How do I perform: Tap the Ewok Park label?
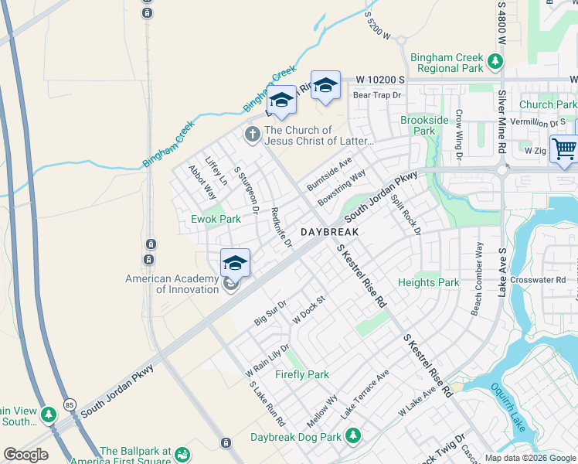click(216, 219)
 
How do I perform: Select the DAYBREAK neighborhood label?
click(331, 232)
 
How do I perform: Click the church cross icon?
click(252, 135)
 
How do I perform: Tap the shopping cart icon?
click(564, 148)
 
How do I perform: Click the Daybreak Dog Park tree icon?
click(353, 437)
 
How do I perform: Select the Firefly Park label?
click(302, 374)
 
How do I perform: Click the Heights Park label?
click(428, 283)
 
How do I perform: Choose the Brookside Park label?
click(424, 125)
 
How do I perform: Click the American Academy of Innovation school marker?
click(235, 264)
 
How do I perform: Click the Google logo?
click(25, 455)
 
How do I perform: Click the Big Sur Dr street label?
click(270, 312)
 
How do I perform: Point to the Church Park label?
click(547, 104)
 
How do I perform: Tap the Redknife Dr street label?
click(281, 227)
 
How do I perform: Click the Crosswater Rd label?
click(538, 280)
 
